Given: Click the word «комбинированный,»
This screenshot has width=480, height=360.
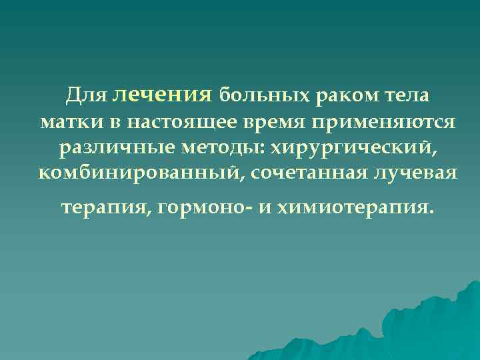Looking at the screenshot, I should (134, 173).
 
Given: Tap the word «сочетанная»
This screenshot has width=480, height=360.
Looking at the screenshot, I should (299, 173).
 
